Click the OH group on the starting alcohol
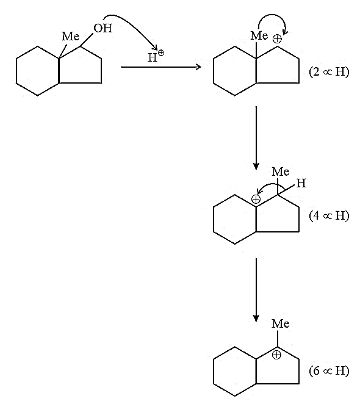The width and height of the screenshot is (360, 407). [x=103, y=28]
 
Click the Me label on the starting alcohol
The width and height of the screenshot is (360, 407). [x=70, y=36]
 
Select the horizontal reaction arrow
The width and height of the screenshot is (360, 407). [x=161, y=67]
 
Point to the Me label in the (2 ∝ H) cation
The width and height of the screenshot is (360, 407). [x=259, y=35]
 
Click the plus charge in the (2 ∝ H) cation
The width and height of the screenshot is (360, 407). [x=277, y=39]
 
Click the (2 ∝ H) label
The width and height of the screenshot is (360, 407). [x=329, y=71]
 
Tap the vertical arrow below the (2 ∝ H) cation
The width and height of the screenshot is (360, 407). [x=256, y=138]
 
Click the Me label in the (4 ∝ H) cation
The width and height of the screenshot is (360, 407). [x=281, y=171]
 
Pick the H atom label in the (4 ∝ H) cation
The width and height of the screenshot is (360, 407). [x=301, y=183]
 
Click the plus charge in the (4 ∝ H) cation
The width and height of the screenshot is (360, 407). [x=256, y=199]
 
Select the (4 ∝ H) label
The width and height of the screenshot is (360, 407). [x=329, y=215]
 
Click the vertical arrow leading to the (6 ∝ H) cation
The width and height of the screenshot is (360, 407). [x=256, y=290]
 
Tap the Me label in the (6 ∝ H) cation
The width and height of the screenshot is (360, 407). [x=281, y=323]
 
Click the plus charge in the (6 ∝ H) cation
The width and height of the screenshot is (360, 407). [x=276, y=355]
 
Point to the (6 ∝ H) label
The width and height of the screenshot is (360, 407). [x=329, y=370]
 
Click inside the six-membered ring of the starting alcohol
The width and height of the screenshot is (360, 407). [x=38, y=71]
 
